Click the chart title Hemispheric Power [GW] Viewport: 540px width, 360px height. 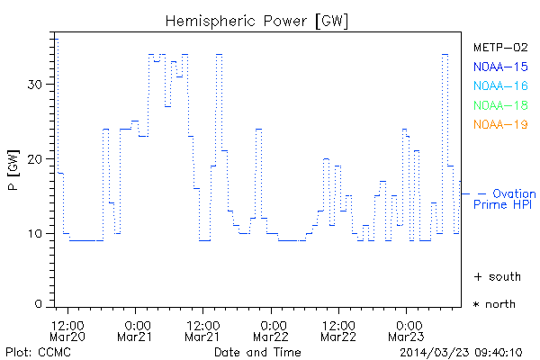tap(257, 20)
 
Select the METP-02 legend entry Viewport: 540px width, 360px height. tap(500, 48)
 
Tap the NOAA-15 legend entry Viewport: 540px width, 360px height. tap(500, 67)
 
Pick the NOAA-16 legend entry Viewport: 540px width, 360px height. tap(500, 86)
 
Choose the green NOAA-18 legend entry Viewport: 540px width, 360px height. tap(500, 105)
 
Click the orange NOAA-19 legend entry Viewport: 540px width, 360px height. tap(500, 124)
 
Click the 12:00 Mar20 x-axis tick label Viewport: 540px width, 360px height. tap(69, 330)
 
